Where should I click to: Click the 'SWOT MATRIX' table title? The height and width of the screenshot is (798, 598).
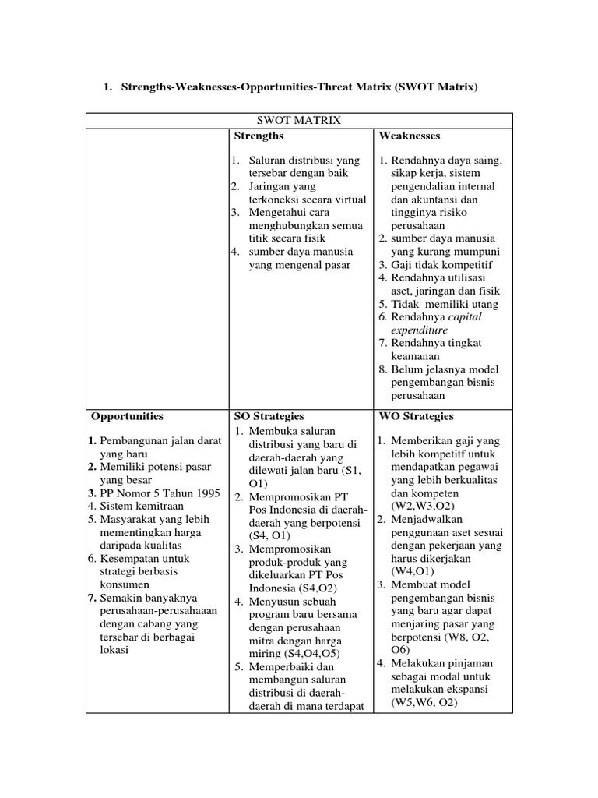pos(299,121)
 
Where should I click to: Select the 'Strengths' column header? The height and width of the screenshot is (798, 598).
pos(259,136)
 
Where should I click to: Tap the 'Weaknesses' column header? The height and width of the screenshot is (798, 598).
pos(410,136)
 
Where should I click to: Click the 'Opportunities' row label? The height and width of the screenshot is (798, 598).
pos(128,416)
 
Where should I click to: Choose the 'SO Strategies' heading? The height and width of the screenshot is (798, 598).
pos(269,416)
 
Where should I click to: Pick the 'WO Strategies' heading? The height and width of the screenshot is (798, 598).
pos(417,416)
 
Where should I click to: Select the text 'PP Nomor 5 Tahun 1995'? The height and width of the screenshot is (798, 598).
pos(160,493)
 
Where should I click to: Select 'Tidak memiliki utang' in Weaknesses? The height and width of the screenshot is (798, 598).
pos(445,304)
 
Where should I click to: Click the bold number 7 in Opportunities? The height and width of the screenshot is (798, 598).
pos(92,598)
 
